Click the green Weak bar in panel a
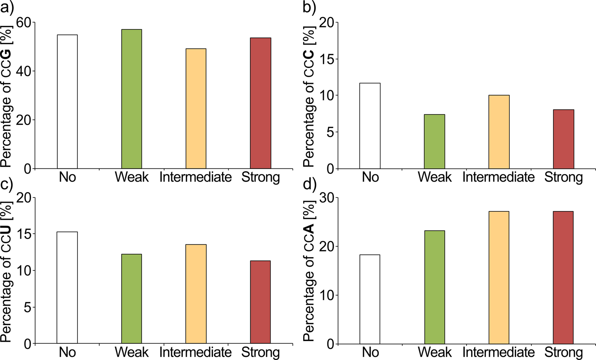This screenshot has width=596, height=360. [x=132, y=99]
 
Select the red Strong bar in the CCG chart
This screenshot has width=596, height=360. [x=261, y=103]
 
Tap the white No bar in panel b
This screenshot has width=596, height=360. [x=370, y=126]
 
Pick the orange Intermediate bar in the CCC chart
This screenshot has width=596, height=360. [x=499, y=132]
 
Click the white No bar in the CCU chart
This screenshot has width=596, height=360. [x=67, y=288]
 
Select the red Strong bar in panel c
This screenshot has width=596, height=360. [x=261, y=302]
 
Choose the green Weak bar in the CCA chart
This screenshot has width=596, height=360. [x=435, y=287]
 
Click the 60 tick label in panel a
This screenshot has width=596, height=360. [x=23, y=23]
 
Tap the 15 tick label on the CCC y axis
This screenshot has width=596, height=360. [x=326, y=59]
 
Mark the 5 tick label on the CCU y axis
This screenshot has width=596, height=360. [x=27, y=307]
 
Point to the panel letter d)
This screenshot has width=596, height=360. [x=310, y=184]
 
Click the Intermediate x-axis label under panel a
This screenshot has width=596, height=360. [x=195, y=177]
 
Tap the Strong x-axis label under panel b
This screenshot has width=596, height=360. [x=563, y=177]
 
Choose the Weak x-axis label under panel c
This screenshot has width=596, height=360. [x=132, y=352]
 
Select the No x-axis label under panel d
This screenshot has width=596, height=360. [x=370, y=352]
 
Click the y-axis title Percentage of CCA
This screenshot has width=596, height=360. [x=309, y=270]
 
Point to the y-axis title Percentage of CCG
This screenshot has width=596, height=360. [x=6, y=95]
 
